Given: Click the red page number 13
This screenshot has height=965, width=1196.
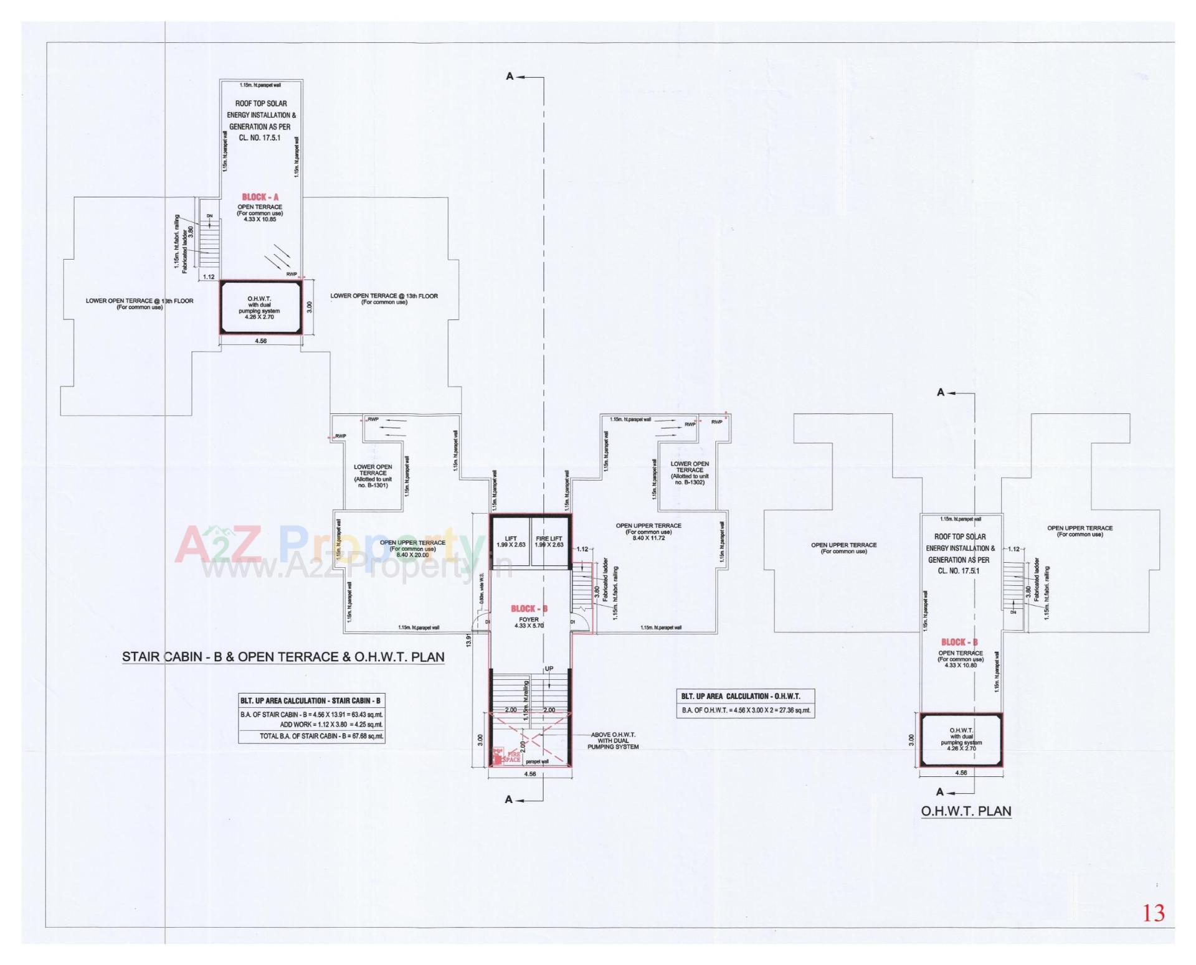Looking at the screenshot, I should point(1153,913).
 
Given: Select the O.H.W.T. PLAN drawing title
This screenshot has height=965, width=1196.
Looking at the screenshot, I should point(966,811).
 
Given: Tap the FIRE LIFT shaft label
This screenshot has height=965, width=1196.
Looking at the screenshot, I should point(549,541).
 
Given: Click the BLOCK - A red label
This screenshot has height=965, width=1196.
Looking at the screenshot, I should point(260,197).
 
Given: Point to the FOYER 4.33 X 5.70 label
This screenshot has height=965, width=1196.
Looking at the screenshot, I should point(529,622).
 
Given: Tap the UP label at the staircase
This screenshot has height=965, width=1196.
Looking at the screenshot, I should point(549,669).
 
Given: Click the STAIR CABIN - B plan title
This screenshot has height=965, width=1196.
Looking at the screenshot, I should point(283,657).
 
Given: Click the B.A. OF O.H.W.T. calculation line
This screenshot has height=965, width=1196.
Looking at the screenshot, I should point(746,710).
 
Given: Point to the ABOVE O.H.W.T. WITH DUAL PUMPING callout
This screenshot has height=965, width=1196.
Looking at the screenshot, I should point(613,741).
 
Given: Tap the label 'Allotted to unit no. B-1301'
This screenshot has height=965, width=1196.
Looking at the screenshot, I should point(373,482).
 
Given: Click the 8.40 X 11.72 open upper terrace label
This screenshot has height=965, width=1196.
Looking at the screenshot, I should point(648,537).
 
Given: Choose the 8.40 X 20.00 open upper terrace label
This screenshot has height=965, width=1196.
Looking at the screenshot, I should point(412,554).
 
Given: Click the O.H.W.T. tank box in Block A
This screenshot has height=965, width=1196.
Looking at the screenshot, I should point(260,308).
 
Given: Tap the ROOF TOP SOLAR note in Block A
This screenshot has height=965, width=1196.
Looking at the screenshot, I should point(260,120).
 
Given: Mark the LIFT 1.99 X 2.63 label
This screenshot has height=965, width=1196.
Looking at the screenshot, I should point(511,541).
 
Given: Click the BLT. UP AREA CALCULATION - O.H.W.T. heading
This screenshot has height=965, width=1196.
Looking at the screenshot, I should point(740,696).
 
